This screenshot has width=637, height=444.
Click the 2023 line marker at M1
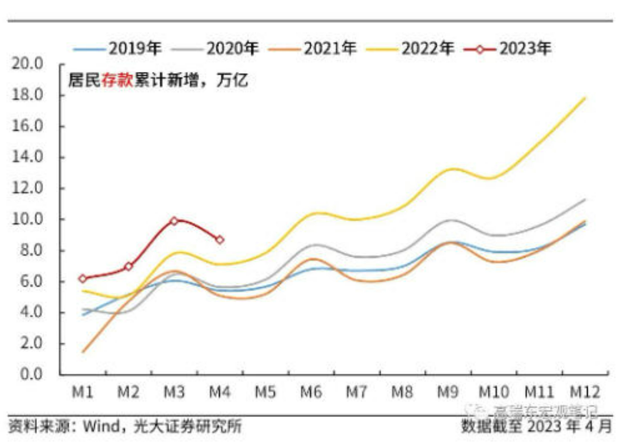(83, 278)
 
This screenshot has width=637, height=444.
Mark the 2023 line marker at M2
(129, 266)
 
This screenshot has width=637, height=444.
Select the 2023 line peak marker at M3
(174, 221)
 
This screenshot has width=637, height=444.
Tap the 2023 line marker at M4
(220, 240)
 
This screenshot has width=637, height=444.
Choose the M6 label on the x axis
(311, 392)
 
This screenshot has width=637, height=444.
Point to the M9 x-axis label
(448, 392)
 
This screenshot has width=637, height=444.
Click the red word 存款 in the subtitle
(117, 80)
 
